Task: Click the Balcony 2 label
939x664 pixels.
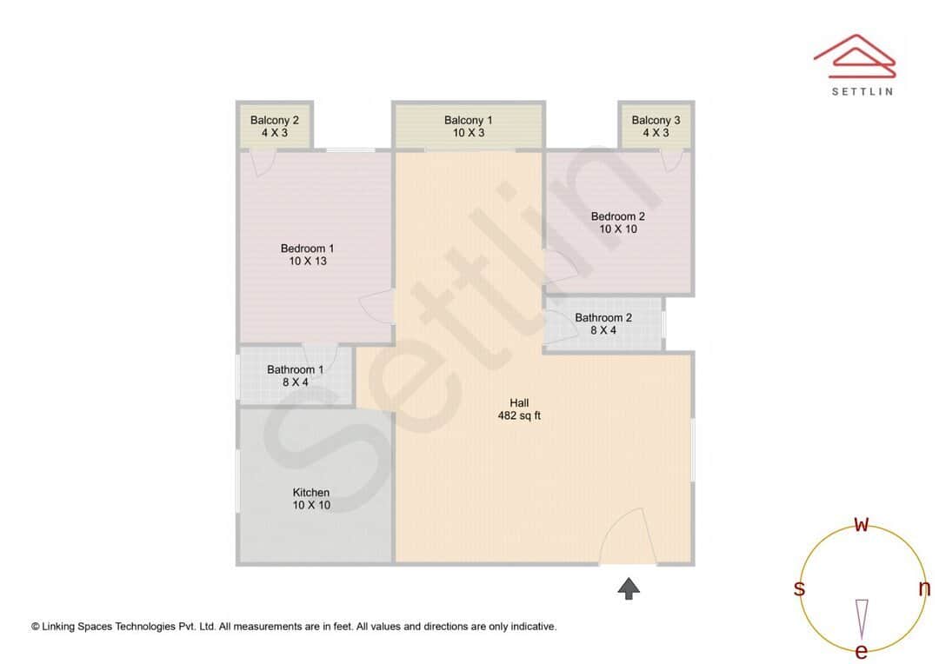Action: click(x=274, y=120)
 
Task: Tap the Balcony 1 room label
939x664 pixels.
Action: click(x=468, y=120)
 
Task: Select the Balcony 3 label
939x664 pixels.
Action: click(x=656, y=120)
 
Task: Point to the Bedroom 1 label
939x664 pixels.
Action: click(x=307, y=249)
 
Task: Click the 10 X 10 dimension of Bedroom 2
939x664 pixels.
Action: click(x=618, y=229)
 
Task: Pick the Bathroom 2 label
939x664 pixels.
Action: click(x=603, y=318)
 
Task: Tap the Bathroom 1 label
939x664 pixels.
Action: click(x=295, y=369)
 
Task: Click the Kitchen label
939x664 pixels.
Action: click(x=310, y=493)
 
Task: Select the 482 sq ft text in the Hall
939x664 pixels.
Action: click(x=519, y=415)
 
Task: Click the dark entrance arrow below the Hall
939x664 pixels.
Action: click(x=629, y=589)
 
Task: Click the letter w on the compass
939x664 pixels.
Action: click(x=862, y=524)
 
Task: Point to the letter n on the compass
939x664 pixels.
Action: click(x=924, y=588)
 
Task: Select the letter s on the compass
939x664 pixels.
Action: click(x=799, y=588)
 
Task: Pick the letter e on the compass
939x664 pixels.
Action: click(x=862, y=651)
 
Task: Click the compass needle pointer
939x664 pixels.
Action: click(x=862, y=618)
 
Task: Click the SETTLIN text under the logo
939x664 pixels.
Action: click(x=862, y=90)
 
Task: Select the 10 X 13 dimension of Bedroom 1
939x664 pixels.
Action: click(x=307, y=261)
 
